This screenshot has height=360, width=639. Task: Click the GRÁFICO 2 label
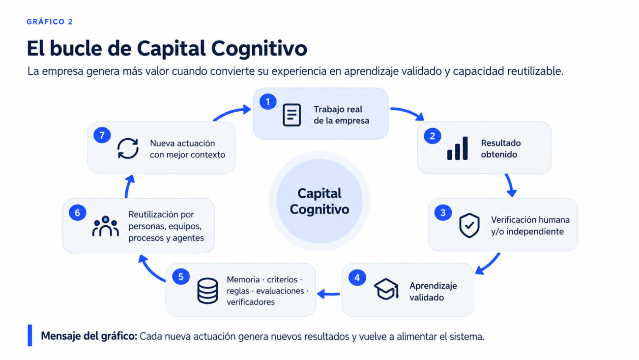pos(50,22)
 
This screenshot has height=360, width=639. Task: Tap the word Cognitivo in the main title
pos(259,49)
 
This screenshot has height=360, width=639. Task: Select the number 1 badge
pos(268,102)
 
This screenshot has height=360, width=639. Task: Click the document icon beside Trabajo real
pos(291,115)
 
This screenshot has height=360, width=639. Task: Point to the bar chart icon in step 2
pos(457,148)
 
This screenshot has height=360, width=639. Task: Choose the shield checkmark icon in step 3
pos(469,225)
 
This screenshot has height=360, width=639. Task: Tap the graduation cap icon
pos(386,289)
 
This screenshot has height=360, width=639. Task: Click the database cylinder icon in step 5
pos(207,291)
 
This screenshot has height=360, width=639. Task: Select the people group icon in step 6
pos(106,226)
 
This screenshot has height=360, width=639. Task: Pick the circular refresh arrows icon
pos(128,148)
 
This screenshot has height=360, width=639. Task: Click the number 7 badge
pos(102,135)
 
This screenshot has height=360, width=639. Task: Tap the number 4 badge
pos(357,277)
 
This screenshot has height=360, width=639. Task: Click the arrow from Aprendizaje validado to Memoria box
pos(328,294)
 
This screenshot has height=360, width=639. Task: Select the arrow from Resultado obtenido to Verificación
pos(510,185)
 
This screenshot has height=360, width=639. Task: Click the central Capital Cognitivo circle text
pos(319,201)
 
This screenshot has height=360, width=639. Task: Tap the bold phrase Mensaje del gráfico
pos(89,336)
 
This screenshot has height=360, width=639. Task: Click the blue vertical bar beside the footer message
pos(30,335)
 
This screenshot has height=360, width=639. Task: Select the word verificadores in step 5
pos(251,302)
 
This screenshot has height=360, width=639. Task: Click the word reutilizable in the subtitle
pos(535,71)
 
